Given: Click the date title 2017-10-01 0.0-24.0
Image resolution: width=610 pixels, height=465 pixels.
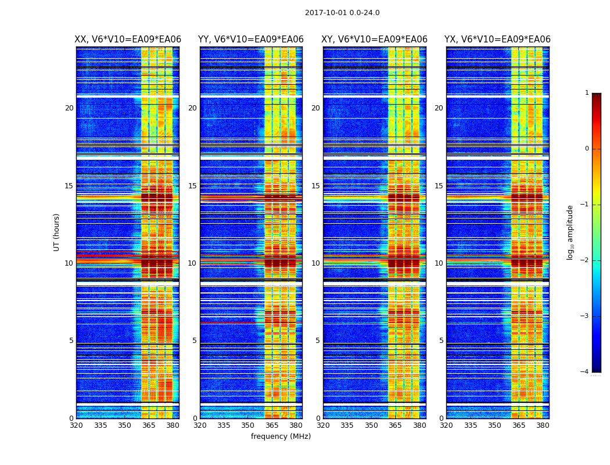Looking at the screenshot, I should [x=342, y=13].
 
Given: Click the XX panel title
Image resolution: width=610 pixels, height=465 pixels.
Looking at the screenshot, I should [x=128, y=40].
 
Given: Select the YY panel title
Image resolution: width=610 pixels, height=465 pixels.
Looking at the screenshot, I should [x=251, y=40].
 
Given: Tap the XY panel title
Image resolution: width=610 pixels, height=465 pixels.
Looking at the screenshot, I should [x=374, y=40].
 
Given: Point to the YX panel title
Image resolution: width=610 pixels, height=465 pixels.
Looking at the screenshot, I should [x=497, y=40].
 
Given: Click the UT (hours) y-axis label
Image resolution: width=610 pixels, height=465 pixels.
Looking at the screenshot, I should [x=57, y=232].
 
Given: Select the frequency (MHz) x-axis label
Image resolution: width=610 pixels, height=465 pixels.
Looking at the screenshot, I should [x=281, y=437].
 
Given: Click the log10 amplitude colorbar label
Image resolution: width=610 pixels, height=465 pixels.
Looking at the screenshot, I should [x=570, y=232].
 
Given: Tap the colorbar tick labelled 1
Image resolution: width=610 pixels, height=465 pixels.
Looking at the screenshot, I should [x=587, y=93].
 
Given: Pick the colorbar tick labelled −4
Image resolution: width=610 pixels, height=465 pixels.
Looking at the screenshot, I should [x=584, y=372].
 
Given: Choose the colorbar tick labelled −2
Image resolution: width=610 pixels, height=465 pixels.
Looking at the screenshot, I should [x=584, y=260].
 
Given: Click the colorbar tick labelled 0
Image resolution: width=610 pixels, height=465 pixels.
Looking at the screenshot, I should [x=587, y=149].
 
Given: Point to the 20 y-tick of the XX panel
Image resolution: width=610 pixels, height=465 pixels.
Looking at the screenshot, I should [x=69, y=108].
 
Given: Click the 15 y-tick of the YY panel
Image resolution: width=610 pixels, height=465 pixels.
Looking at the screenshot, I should [x=192, y=186].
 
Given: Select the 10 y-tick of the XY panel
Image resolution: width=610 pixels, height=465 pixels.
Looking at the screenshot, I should [x=315, y=263].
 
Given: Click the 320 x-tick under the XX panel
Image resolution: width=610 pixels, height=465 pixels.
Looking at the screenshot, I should [x=76, y=425].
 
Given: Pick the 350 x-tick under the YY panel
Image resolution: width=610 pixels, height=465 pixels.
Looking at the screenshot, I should [x=248, y=425].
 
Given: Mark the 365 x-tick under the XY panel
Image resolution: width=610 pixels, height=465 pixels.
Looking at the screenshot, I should [x=395, y=425].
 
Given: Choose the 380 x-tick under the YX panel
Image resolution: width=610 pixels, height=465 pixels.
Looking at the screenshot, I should [x=543, y=425].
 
